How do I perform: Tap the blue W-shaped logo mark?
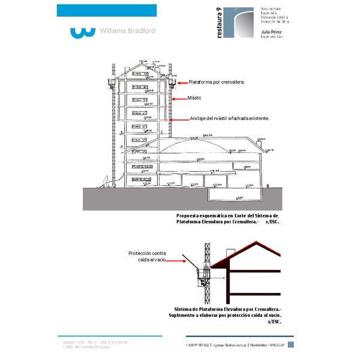tap(82, 31)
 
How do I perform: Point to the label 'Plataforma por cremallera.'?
tap(217, 82)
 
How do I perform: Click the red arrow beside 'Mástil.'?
tap(178, 98)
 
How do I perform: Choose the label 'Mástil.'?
tap(195, 98)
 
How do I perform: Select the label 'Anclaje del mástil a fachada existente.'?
tap(230, 118)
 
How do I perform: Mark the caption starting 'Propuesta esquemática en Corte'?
tap(227, 218)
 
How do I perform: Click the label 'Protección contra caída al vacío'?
tap(147, 256)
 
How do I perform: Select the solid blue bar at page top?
tap(106, 10)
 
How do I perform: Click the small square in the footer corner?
tap(290, 344)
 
